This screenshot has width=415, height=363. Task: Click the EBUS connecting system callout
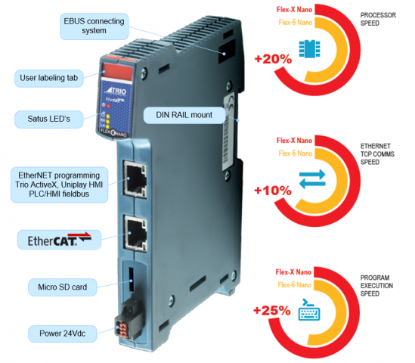point(94,26)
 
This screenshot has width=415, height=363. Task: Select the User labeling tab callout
point(48,78)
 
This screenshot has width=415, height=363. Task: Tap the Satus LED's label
point(48,119)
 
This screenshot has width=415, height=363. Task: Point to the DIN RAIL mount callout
point(184,115)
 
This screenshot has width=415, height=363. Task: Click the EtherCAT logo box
point(59,240)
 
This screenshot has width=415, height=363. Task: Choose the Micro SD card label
point(63,287)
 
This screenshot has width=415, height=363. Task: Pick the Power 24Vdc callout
point(63,334)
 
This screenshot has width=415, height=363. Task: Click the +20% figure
point(273,59)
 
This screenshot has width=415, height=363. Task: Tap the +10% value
point(273,191)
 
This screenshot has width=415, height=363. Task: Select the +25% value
point(272,310)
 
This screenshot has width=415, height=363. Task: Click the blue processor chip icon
point(309,48)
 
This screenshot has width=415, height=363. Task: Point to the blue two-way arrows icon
point(312,179)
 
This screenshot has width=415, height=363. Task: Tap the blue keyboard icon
point(309,309)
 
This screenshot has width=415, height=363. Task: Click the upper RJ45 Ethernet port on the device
point(135,178)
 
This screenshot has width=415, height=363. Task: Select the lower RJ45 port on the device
point(135,233)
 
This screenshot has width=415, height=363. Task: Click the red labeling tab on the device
point(118,71)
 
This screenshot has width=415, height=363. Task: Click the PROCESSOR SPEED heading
point(378,19)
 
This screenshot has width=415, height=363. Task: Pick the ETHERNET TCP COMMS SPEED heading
point(377,154)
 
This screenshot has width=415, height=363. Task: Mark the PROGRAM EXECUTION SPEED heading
point(376,286)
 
